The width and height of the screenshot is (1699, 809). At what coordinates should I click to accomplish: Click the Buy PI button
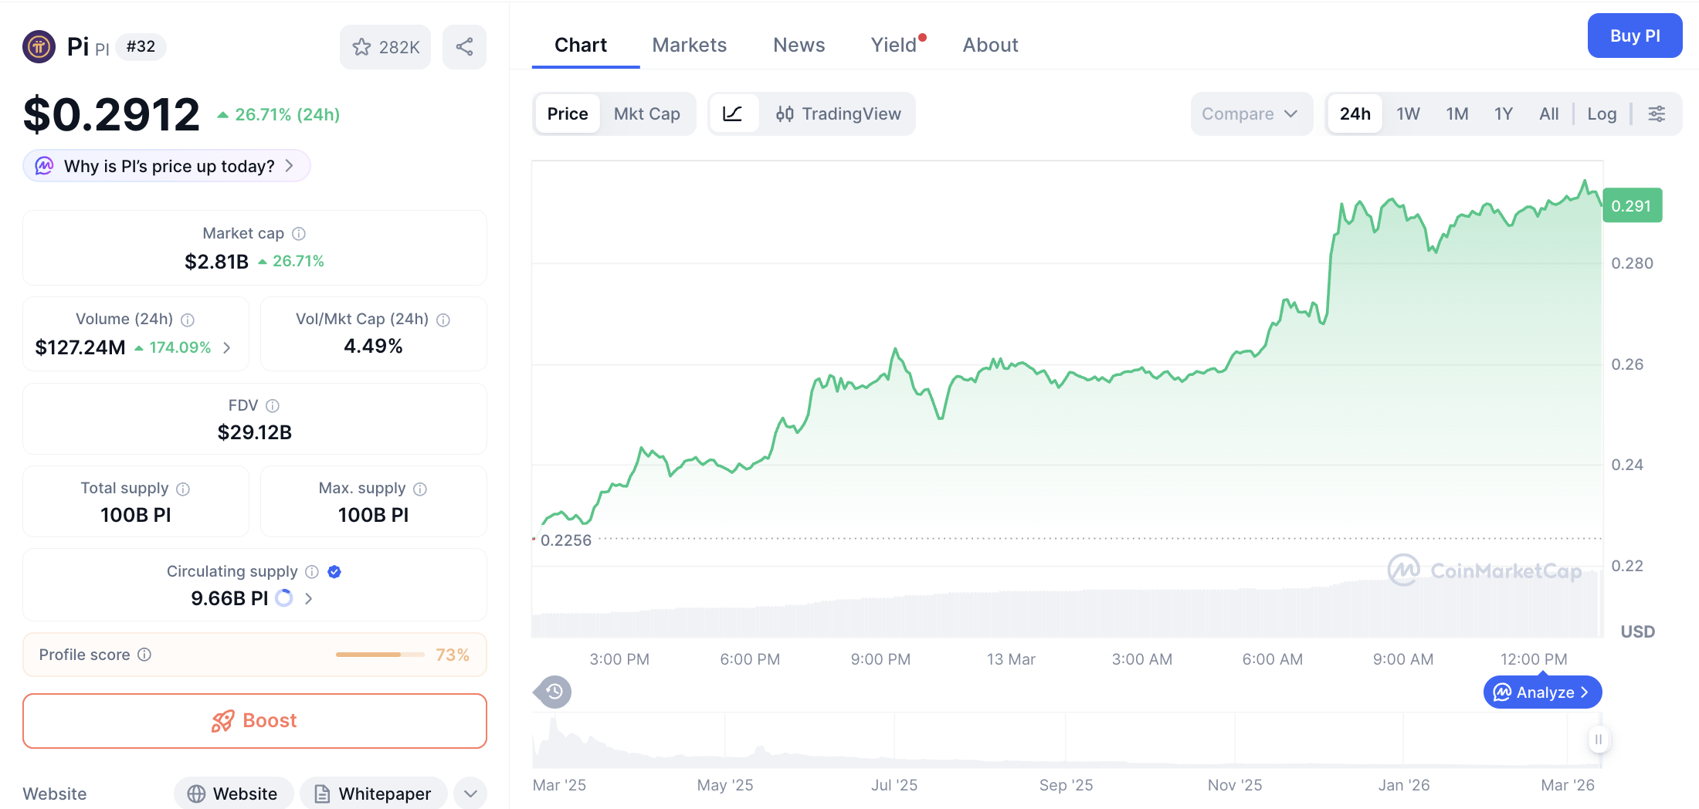pos(1634,36)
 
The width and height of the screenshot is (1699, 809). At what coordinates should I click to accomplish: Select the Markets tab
pos(689,45)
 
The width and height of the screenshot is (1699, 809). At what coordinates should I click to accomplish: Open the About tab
pos(990,45)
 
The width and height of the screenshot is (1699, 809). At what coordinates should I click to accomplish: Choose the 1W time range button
pos(1408,113)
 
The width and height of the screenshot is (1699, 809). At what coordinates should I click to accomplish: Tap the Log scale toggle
pos(1602,113)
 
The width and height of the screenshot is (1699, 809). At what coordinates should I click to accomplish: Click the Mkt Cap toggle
pos(646,113)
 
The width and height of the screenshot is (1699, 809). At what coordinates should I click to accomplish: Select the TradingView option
pos(838,113)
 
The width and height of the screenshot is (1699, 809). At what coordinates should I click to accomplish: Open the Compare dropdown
pos(1250,113)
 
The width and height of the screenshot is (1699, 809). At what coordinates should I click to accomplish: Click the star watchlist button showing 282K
pos(385,47)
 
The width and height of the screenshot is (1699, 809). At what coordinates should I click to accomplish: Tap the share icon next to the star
pos(464,47)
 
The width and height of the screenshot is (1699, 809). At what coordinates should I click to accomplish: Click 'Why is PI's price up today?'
pos(168,166)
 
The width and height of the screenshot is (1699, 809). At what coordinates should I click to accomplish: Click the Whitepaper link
pos(374,794)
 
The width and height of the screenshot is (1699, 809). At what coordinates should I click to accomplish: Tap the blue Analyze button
pos(1542,692)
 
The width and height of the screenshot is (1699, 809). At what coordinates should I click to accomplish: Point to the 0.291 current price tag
pos(1631,206)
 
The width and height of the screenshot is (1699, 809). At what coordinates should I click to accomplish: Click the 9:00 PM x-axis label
pos(880,659)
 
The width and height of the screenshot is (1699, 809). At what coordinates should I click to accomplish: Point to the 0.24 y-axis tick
pos(1626,465)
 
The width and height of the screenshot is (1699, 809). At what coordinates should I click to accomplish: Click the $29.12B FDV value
pos(254,432)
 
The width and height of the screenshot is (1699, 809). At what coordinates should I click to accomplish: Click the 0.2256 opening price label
pos(565,540)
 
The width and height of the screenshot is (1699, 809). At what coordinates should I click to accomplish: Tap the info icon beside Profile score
pos(144,655)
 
